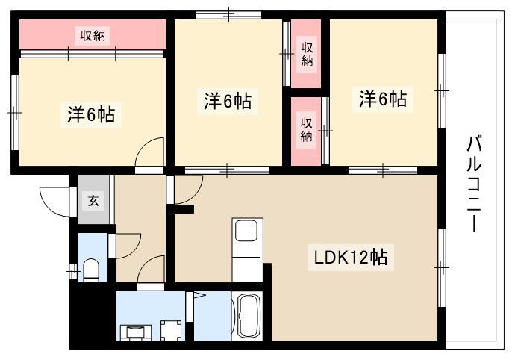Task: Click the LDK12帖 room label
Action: coord(351,258)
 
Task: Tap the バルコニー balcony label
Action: coord(474,184)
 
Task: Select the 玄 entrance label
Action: coord(93,200)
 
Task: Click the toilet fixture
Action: coord(91,270)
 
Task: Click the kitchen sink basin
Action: coord(246,231)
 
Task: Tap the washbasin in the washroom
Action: coord(136,332)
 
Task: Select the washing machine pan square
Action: coord(171,330)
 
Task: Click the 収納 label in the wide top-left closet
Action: coord(93,35)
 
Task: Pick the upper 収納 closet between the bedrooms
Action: coord(306,54)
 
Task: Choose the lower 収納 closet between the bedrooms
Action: coord(306,131)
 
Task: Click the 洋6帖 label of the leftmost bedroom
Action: coord(91,114)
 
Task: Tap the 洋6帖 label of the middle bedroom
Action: coord(228,101)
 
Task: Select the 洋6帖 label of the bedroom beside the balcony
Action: coord(383,98)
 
